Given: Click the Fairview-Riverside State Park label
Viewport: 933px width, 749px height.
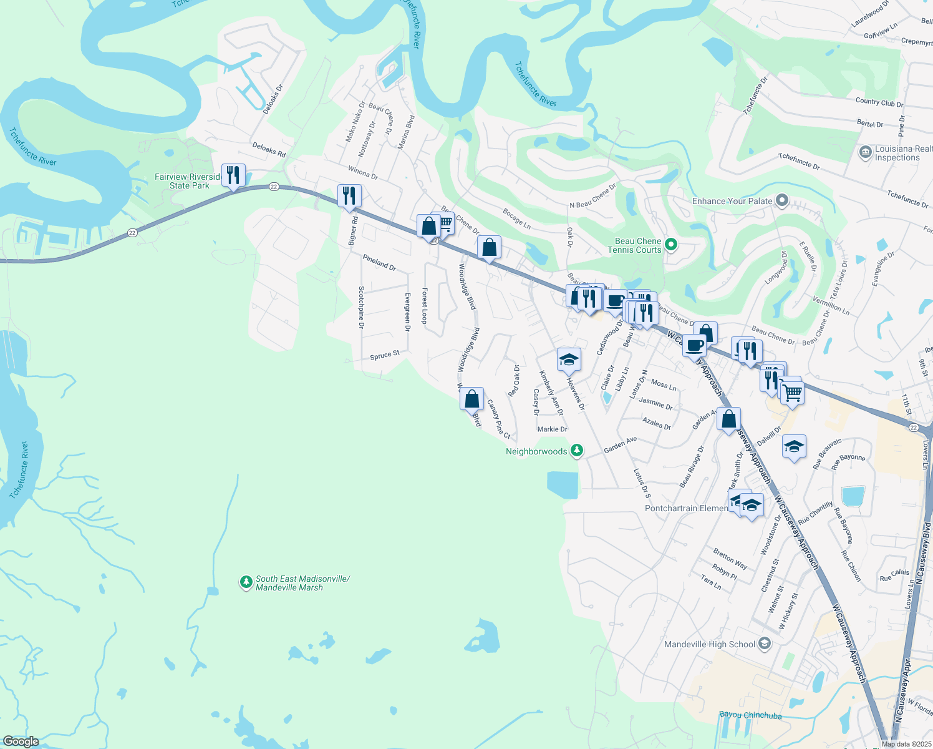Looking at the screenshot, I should pyautogui.click(x=188, y=181).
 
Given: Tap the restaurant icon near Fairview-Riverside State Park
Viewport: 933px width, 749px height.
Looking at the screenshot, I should pyautogui.click(x=233, y=175).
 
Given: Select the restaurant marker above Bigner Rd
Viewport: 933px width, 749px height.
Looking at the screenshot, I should pyautogui.click(x=349, y=195).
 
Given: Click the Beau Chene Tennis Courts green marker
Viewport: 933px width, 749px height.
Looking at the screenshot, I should pyautogui.click(x=671, y=245).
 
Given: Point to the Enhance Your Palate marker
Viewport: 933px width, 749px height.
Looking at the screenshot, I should pyautogui.click(x=783, y=201).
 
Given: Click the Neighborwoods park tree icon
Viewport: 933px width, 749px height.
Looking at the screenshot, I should pyautogui.click(x=578, y=450).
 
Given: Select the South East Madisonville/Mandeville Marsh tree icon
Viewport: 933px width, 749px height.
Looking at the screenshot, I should pyautogui.click(x=246, y=582).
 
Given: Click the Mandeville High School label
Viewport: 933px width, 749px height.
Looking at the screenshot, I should pyautogui.click(x=710, y=644).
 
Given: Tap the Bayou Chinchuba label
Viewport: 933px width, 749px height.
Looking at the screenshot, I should pyautogui.click(x=750, y=715).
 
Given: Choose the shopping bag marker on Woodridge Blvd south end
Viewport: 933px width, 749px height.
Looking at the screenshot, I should pyautogui.click(x=472, y=398).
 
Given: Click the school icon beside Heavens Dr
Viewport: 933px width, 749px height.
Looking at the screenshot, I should pyautogui.click(x=569, y=360).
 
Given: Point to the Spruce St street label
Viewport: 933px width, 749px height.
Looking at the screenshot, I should pyautogui.click(x=385, y=356).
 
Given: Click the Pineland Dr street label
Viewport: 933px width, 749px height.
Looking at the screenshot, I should pyautogui.click(x=379, y=262).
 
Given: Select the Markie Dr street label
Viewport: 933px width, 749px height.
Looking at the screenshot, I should pyautogui.click(x=552, y=429).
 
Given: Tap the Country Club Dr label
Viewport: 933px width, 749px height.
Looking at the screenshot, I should pyautogui.click(x=879, y=102).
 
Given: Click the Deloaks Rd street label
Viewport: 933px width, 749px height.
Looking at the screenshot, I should pyautogui.click(x=269, y=150).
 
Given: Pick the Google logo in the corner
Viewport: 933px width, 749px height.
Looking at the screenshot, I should pyautogui.click(x=21, y=742).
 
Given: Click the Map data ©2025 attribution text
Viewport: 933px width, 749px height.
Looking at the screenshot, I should pyautogui.click(x=906, y=744).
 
